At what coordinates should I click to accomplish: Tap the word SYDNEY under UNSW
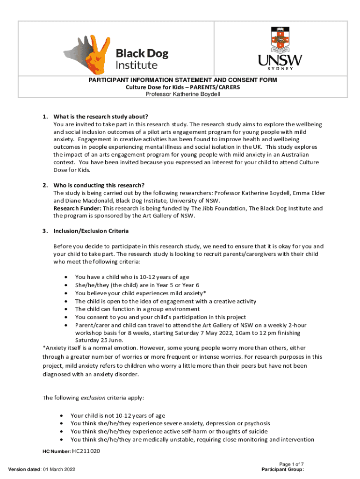pos(280,68)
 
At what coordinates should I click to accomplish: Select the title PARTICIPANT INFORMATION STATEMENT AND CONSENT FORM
pos(183,80)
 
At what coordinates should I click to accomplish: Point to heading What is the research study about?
pos(104,116)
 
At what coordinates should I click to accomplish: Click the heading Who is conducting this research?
pos(99,185)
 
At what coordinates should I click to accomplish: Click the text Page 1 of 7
pos(291,464)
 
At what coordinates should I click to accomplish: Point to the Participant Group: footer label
pos(283,469)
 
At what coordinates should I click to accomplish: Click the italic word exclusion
pos(93,398)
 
